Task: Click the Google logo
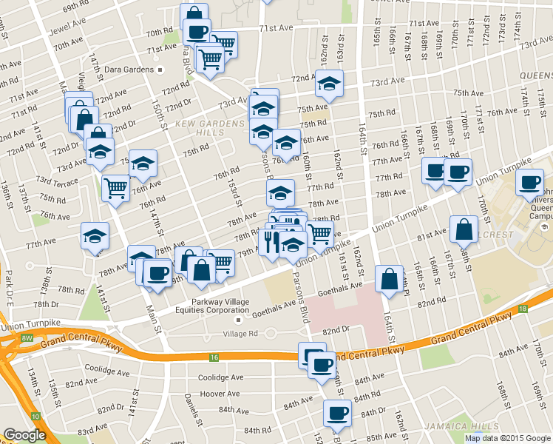coord(24,435)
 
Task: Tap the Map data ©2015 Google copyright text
coord(507,438)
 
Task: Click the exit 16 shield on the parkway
coord(214,357)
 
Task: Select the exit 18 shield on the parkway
coord(522,309)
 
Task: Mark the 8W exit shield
coord(27,337)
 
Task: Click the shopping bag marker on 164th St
coord(389,280)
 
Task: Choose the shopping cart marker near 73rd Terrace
coord(115,188)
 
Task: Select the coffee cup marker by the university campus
coord(529,182)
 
